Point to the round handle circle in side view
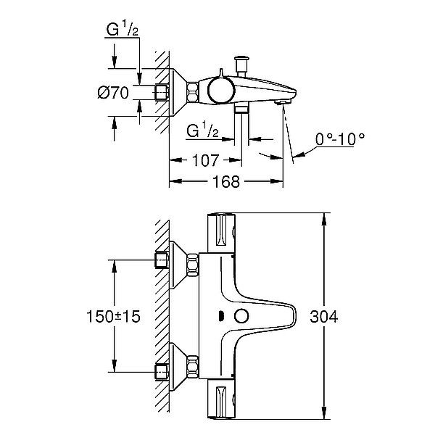217,92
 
